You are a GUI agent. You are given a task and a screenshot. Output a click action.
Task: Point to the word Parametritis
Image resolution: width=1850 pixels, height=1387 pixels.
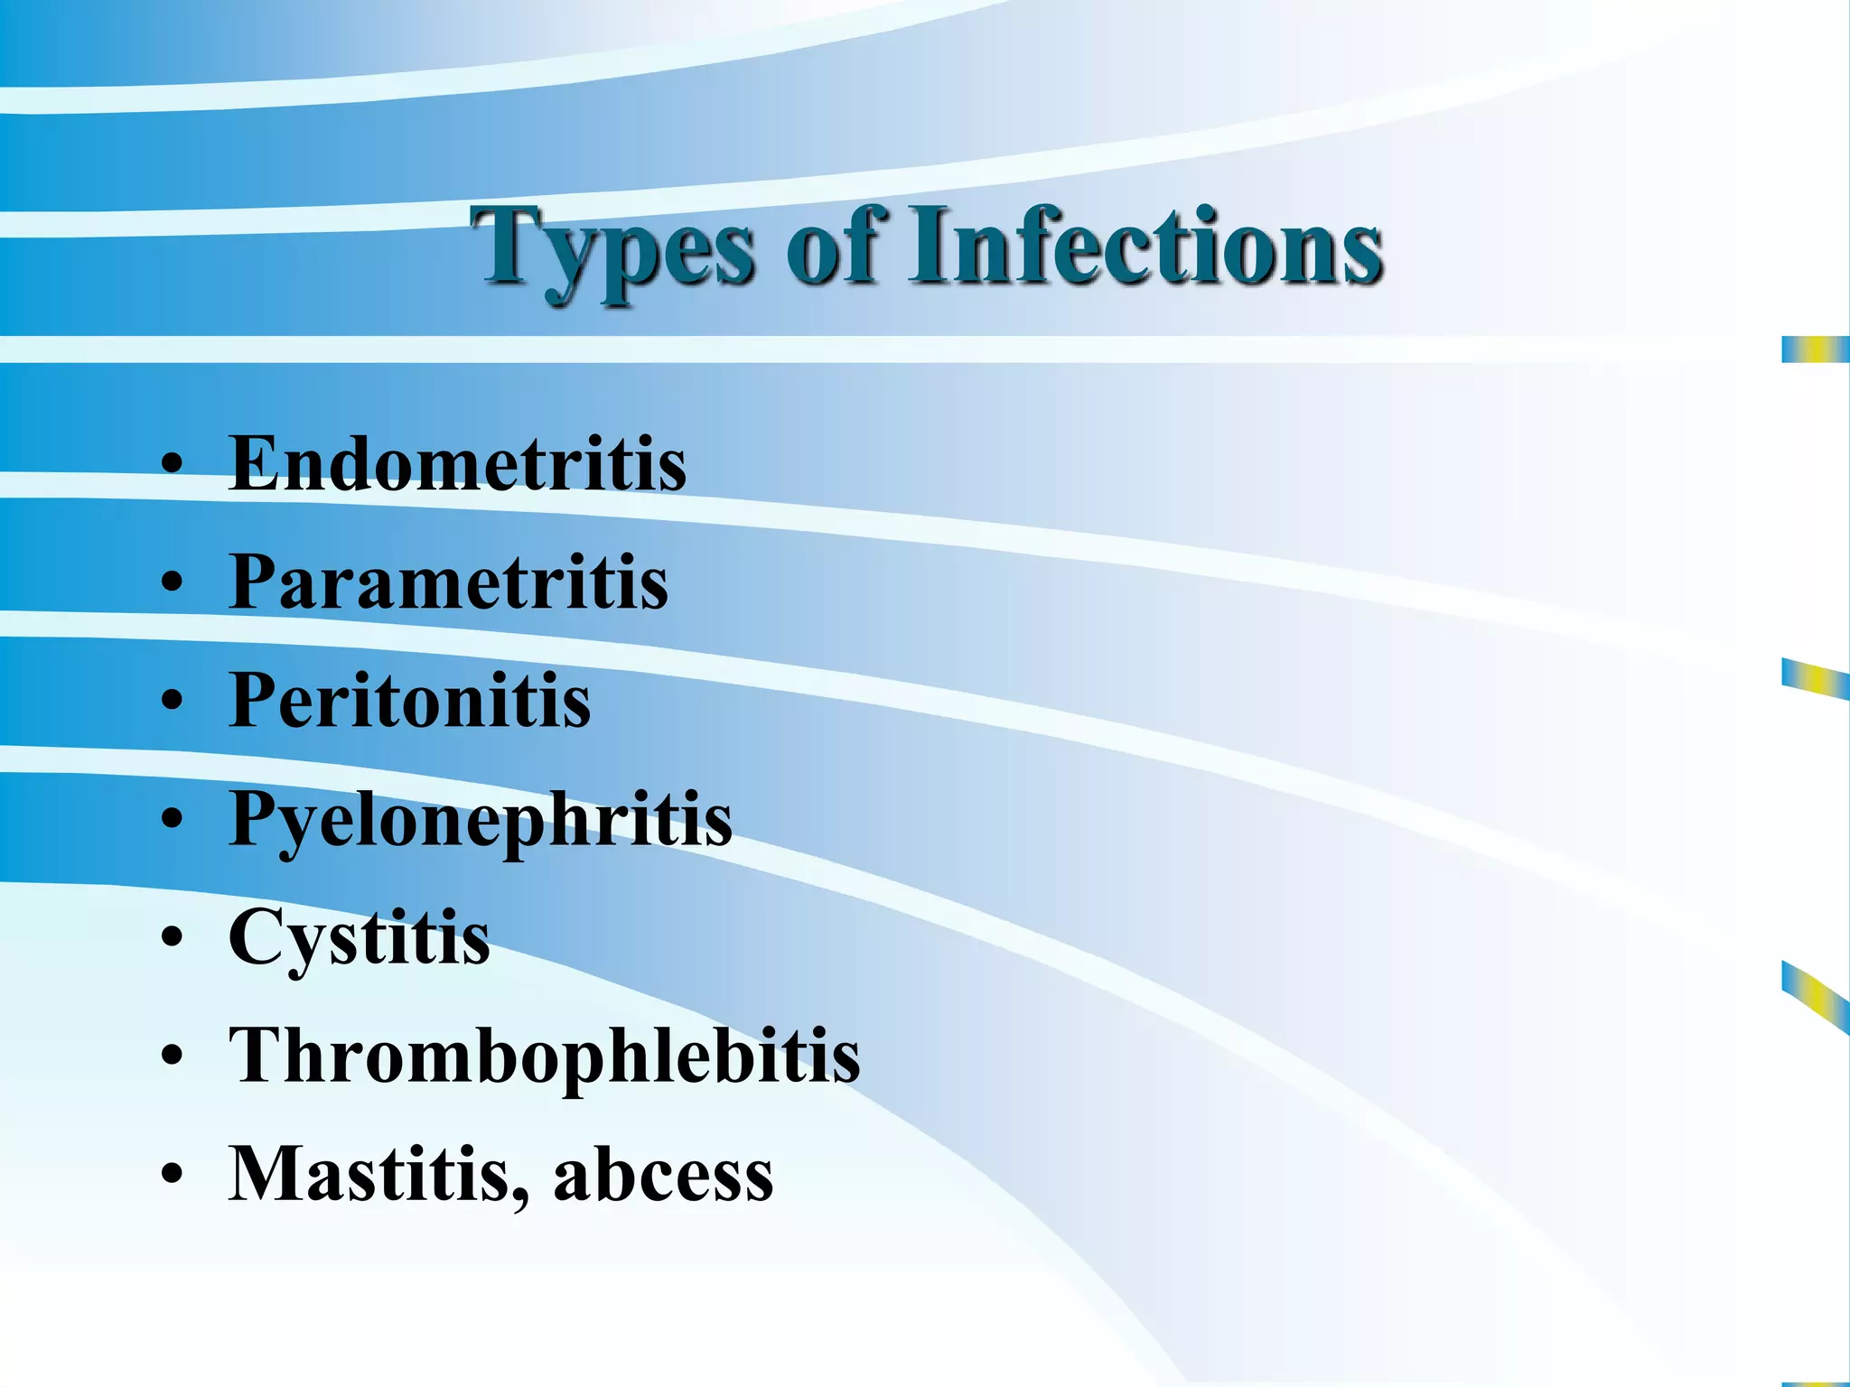click(448, 582)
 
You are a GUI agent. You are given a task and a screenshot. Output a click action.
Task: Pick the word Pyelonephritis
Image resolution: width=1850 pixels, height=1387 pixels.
click(480, 820)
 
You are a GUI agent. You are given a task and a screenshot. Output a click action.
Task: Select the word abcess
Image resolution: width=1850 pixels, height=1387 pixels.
click(663, 1176)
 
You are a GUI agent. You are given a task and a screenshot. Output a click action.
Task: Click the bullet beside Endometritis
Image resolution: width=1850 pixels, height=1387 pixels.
click(172, 466)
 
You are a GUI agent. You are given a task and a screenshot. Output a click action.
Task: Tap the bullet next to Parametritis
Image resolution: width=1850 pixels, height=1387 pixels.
click(172, 583)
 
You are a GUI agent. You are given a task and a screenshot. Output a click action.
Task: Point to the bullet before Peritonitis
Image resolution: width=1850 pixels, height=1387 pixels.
click(172, 702)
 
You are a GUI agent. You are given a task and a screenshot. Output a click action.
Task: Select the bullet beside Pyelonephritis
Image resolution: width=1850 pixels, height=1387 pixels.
click(172, 820)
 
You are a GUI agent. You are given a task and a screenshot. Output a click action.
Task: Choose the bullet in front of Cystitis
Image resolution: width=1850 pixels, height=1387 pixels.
click(172, 938)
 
